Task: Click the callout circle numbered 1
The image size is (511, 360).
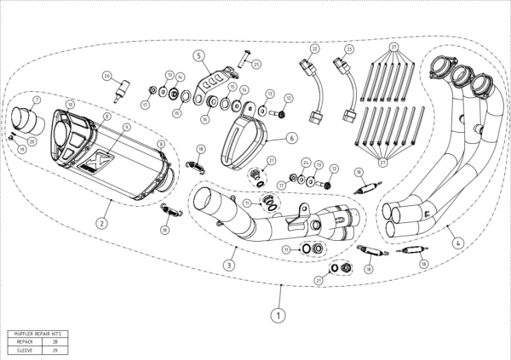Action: coord(277,314)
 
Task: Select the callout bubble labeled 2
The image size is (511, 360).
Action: coord(102,223)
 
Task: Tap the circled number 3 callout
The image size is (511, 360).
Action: coord(229,265)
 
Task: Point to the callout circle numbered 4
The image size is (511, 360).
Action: coord(458,243)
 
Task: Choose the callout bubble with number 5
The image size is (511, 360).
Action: coord(199,57)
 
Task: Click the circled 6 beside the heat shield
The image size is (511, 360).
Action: coord(291,136)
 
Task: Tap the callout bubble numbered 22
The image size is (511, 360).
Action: coord(314,49)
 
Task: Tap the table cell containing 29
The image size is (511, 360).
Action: coord(55,349)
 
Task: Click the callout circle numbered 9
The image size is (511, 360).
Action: coord(125,127)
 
